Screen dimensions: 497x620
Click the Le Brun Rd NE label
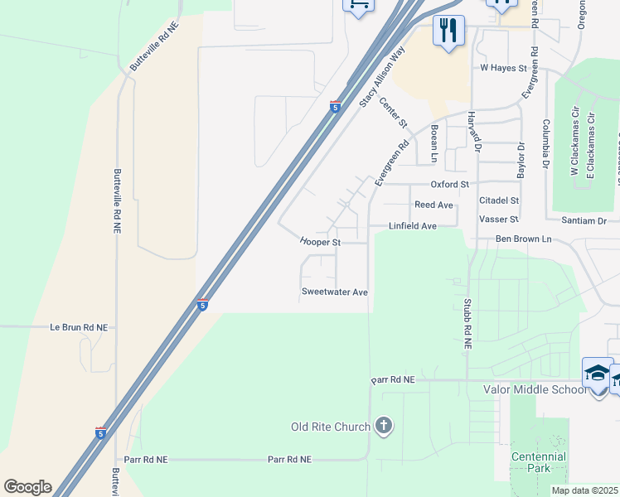click(79, 327)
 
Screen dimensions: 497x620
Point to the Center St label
click(394, 113)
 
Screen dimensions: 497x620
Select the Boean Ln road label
click(434, 142)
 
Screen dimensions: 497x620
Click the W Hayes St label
click(503, 68)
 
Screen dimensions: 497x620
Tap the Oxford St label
click(449, 184)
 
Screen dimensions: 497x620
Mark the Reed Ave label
click(434, 205)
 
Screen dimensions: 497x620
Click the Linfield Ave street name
click(413, 226)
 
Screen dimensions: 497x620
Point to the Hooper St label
click(321, 243)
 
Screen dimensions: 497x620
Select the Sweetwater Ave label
click(334, 292)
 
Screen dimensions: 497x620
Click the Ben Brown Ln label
click(523, 239)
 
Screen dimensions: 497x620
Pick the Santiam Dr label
click(584, 220)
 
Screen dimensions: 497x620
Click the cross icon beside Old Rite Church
click(383, 427)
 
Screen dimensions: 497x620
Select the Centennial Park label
click(538, 462)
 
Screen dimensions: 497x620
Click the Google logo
click(27, 487)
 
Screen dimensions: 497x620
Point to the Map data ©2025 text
click(584, 490)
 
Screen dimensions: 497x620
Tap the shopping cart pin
click(358, 4)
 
